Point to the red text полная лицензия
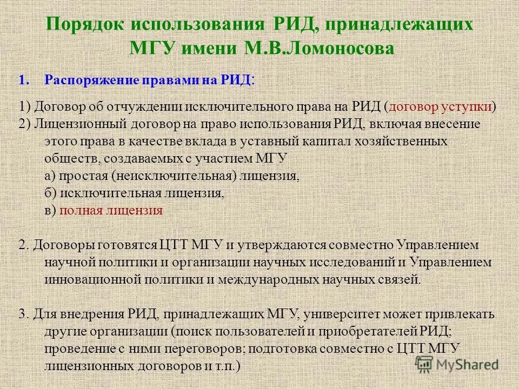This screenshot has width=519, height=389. pyautogui.click(x=111, y=211)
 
